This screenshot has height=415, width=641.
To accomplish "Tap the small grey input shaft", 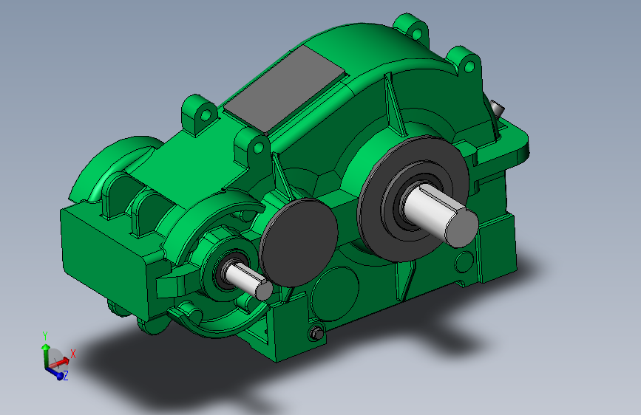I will tap(245, 278).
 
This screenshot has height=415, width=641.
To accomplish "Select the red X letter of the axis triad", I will tap(72, 354).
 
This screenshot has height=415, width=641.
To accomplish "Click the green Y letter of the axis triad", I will tap(45, 335).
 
